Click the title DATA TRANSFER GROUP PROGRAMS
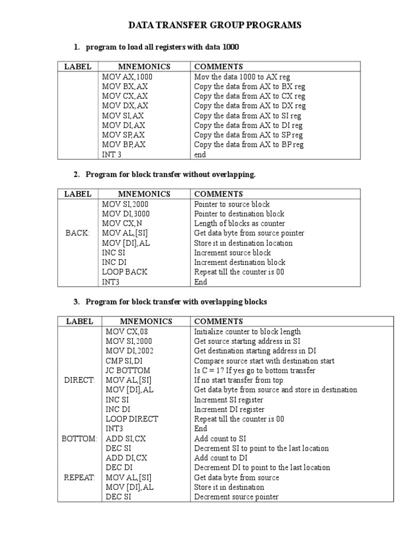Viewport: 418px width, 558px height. point(214,25)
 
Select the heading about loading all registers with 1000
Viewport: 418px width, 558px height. point(162,47)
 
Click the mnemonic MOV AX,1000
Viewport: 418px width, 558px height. point(127,77)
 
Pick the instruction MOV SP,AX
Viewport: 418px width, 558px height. point(124,135)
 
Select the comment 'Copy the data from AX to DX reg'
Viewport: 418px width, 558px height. point(250,106)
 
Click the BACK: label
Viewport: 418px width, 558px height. point(77,233)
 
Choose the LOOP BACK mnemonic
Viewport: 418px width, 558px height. point(125,272)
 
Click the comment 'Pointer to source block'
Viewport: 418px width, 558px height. point(232,204)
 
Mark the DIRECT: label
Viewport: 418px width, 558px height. point(79,380)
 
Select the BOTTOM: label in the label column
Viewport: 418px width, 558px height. point(79,439)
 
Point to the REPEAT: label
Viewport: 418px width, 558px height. point(79,478)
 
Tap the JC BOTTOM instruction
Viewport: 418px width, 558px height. point(128,371)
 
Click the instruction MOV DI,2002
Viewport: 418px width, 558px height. point(130,351)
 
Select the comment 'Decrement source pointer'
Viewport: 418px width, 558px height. point(236,497)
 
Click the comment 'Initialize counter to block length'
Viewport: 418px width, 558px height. point(247,331)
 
